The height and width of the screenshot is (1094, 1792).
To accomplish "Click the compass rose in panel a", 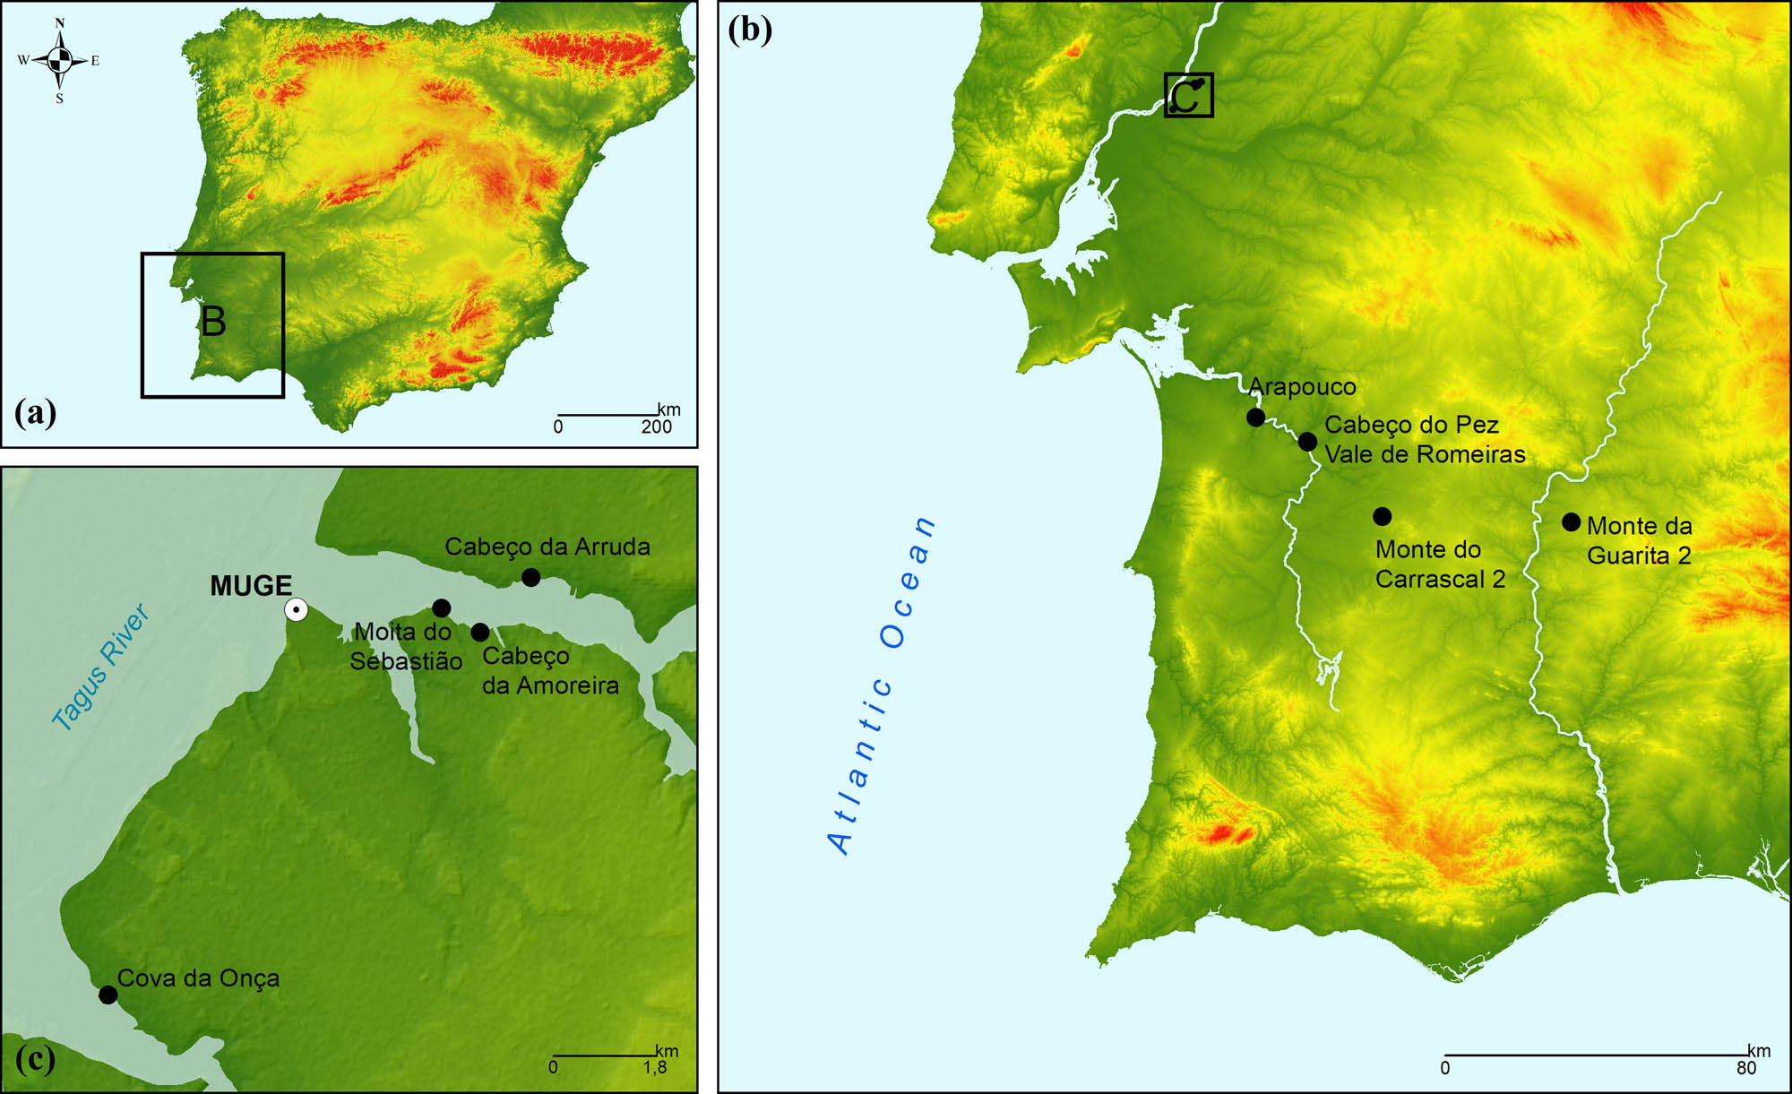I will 59,60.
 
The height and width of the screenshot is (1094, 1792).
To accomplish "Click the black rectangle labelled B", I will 212,324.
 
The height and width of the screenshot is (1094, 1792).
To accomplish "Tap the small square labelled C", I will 1188,95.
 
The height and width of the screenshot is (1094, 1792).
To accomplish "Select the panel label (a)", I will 36,413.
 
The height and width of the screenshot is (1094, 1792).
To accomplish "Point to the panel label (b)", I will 750,30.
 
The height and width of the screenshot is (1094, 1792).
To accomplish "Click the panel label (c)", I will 35,1059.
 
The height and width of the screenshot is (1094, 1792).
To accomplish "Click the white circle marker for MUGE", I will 296,610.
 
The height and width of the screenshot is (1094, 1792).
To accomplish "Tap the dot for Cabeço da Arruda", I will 530,578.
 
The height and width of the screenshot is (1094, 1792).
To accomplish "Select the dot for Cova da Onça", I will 108,995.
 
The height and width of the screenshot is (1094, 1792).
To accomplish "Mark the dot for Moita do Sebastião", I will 441,608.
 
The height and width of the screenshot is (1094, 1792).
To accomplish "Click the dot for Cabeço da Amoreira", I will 480,633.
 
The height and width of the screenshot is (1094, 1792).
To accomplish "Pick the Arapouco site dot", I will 1255,418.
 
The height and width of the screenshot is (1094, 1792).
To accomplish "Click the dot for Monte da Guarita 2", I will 1571,521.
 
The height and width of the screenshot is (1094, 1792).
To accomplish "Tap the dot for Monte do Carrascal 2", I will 1382,516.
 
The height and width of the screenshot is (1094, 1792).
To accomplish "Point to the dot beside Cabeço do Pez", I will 1307,442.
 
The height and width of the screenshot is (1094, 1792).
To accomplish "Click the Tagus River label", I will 100,668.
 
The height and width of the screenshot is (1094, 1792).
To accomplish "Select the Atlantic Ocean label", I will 883,685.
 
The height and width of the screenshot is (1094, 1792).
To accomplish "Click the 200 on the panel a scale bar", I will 656,427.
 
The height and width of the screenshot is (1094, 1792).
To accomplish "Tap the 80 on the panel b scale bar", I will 1745,1068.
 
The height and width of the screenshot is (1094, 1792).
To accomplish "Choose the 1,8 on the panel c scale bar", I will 655,1068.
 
